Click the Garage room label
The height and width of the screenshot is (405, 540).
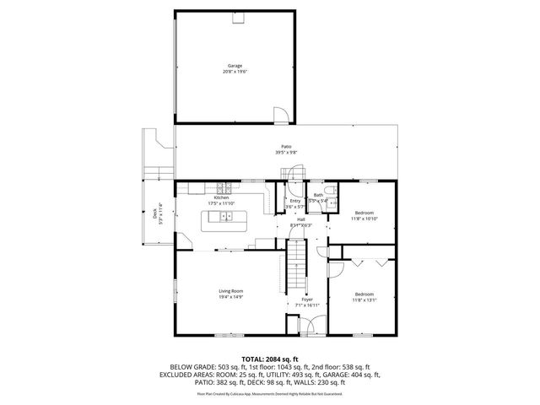[x=235, y=65]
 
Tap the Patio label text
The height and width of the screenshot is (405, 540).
[x=287, y=146]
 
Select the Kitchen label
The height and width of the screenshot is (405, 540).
[x=221, y=197]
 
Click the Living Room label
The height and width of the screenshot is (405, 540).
[x=231, y=290]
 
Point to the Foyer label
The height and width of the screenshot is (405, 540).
[x=306, y=300]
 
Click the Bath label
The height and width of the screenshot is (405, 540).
[x=318, y=195]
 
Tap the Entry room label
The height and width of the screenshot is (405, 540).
[x=294, y=201]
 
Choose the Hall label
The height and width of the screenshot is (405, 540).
[x=300, y=219]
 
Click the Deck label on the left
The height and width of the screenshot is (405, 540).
[x=155, y=214]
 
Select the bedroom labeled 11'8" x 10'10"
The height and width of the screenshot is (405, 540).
[x=364, y=213]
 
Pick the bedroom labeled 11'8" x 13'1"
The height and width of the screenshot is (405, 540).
[x=364, y=294]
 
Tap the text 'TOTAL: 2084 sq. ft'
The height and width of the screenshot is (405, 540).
[x=270, y=359]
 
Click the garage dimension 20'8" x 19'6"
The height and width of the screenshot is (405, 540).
[x=235, y=72]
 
